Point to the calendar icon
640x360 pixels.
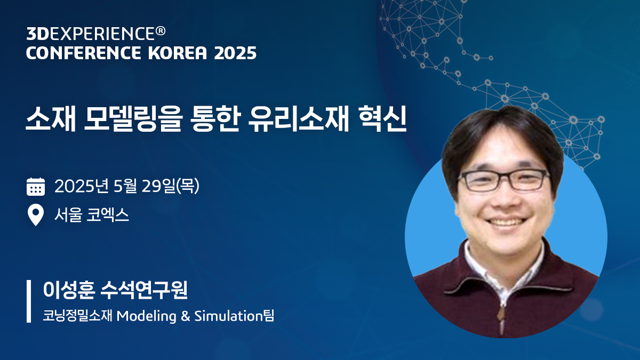35,187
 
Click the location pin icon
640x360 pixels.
35,215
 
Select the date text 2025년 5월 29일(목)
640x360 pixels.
127,187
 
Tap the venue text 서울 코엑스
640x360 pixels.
92,215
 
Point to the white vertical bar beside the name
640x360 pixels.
29,301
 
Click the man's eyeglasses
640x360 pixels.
503,180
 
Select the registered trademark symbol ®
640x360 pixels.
161,32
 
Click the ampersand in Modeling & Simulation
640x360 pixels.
185,316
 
